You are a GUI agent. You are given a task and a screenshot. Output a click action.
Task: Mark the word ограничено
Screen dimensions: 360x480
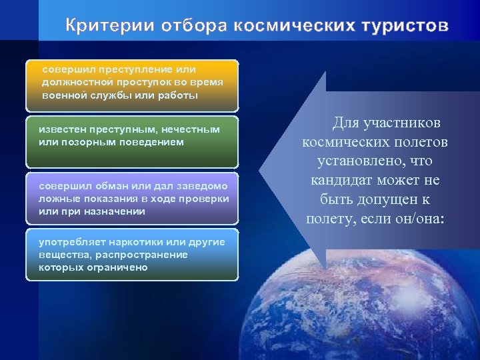(x=115, y=267)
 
